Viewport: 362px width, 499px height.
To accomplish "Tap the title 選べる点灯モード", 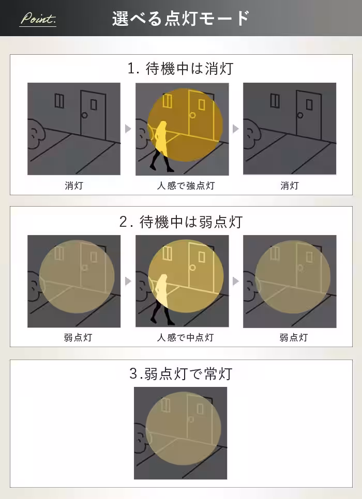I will [x=180, y=19].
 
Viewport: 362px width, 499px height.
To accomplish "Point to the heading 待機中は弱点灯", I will [x=180, y=222].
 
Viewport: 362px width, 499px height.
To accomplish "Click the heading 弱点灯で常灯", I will [x=180, y=373].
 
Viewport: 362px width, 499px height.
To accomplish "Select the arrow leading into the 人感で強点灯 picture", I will [x=128, y=129].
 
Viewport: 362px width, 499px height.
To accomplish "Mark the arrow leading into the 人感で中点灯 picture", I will [x=128, y=282].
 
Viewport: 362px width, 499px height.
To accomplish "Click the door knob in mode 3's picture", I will [x=191, y=419].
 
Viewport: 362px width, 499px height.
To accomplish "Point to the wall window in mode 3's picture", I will [x=165, y=405].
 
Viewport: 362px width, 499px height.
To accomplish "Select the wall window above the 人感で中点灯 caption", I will [x=167, y=253].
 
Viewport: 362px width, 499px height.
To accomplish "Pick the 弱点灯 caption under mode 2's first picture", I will [x=73, y=338].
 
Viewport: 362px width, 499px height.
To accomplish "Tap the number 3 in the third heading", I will [x=133, y=373].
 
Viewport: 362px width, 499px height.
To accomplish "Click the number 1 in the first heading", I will [x=131, y=69].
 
